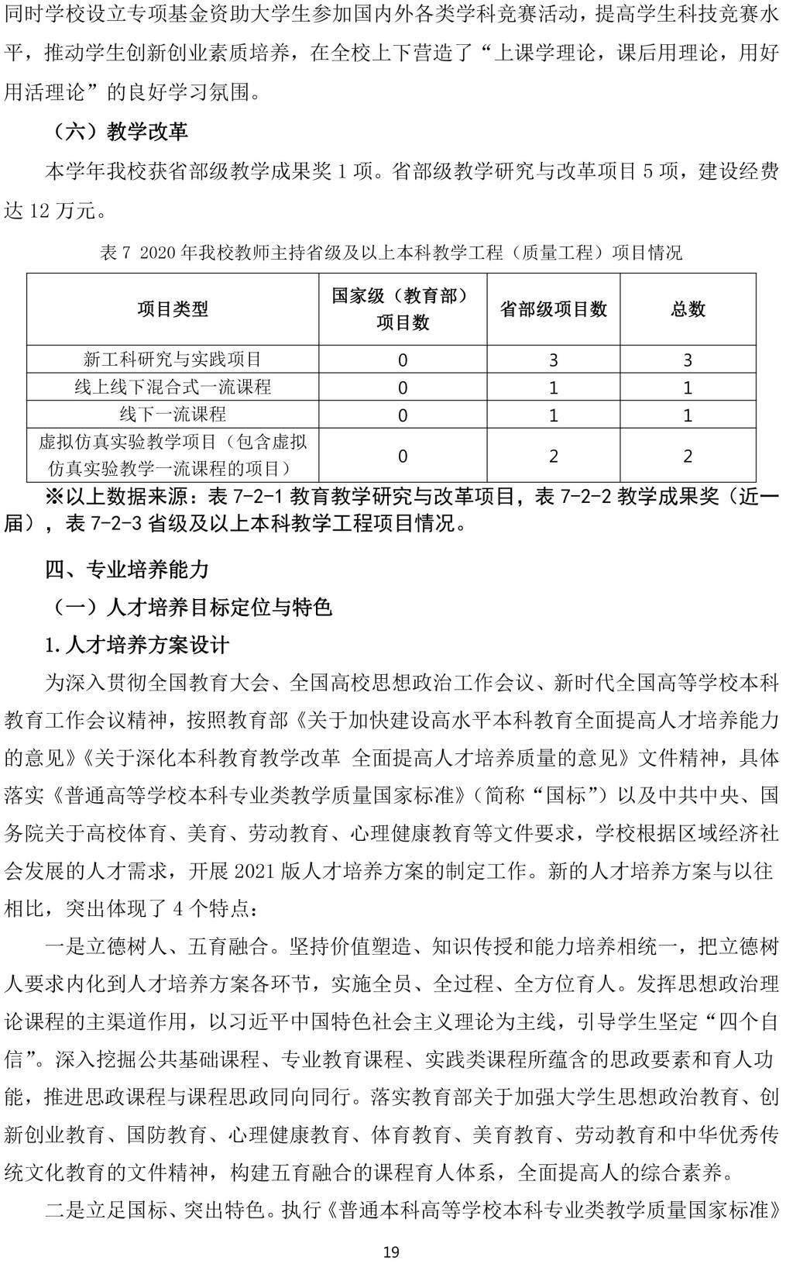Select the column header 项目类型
pos(173,309)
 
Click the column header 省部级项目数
pos(553,309)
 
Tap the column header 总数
pos(688,309)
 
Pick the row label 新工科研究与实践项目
pos(173,360)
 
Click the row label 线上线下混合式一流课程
pos(173,387)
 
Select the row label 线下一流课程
pos(173,414)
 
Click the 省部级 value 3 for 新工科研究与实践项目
pos(553,360)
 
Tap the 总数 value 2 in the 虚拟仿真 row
pos(688,456)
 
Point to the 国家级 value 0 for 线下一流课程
pos(403,415)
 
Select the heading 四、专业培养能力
pos(127,570)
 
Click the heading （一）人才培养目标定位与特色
pos(190,607)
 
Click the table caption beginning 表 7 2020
pos(391,253)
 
